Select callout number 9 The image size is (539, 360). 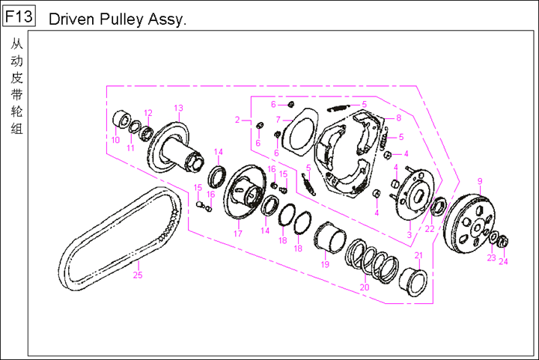pyautogui.click(x=479, y=180)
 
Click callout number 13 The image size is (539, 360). pyautogui.click(x=178, y=108)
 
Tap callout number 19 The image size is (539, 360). pyautogui.click(x=325, y=263)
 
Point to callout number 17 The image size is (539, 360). pyautogui.click(x=237, y=234)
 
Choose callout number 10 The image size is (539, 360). pyautogui.click(x=115, y=140)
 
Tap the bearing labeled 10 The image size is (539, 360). pyautogui.click(x=119, y=120)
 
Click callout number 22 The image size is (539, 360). pyautogui.click(x=429, y=229)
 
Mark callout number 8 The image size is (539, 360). pyautogui.click(x=398, y=118)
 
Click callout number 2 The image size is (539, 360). pyautogui.click(x=237, y=120)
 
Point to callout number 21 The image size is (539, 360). pyautogui.click(x=418, y=256)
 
